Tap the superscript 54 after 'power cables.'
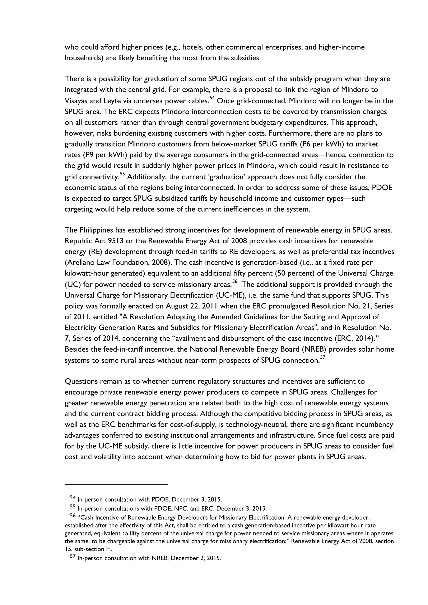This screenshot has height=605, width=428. (212, 98)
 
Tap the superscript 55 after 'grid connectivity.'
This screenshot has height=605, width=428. (122, 174)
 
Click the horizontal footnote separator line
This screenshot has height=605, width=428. (116, 484)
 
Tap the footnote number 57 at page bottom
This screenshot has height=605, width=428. (73, 557)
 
